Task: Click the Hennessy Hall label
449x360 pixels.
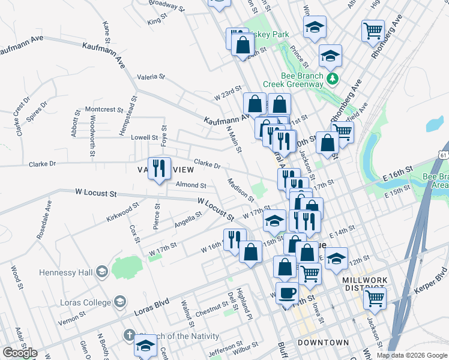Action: pos(65,272)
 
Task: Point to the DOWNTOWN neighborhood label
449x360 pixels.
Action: pos(324,343)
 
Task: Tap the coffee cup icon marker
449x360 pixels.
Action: pos(288,292)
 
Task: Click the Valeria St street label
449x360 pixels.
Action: pos(151,77)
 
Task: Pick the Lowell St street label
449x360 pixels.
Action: pos(144,137)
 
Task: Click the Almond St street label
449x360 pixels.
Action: pos(191,186)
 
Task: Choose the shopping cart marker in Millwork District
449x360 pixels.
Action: pos(375,297)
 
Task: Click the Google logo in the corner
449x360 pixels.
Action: pos(20,353)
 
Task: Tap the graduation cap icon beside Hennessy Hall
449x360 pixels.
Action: pos(101,272)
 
